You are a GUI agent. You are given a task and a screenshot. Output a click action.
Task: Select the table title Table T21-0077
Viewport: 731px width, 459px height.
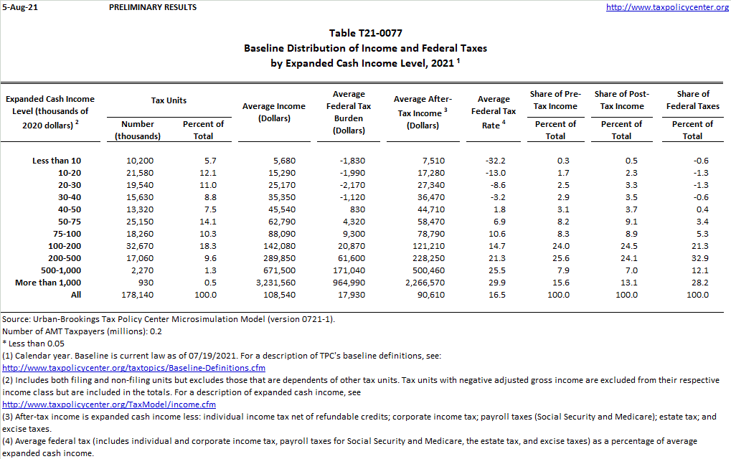pyautogui.click(x=365, y=34)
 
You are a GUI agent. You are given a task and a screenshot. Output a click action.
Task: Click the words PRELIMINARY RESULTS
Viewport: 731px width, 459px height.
pyautogui.click(x=153, y=7)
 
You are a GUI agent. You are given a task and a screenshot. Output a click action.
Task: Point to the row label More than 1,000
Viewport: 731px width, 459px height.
pyautogui.click(x=48, y=283)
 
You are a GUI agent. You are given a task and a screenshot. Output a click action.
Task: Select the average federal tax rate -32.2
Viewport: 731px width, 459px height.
pyautogui.click(x=495, y=161)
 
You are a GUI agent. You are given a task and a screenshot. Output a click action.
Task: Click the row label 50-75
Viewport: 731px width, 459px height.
pyautogui.click(x=70, y=222)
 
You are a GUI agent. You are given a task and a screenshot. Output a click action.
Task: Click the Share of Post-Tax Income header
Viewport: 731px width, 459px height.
pyautogui.click(x=621, y=100)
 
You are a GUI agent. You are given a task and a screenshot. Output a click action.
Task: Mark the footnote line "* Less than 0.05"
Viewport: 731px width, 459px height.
pyautogui.click(x=35, y=344)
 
